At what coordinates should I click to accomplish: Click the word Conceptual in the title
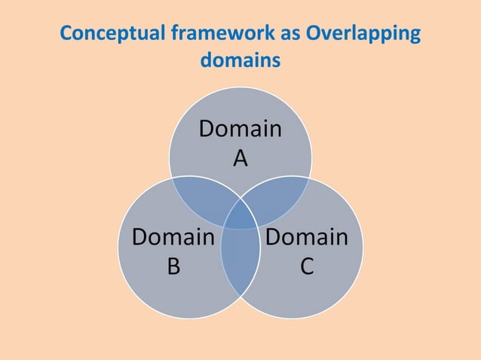113,35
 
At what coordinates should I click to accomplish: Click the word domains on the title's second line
240,59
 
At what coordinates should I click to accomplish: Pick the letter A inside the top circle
240,158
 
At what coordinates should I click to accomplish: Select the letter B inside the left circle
173,267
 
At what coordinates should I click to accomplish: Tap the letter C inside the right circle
307,267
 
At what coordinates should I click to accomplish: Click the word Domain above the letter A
240,130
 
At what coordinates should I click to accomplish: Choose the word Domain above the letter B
173,238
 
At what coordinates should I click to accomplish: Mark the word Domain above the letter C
307,238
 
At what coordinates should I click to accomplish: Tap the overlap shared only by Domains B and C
240,260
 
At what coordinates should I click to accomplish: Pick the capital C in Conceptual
66,35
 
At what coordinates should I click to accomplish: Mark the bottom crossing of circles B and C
240,297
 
